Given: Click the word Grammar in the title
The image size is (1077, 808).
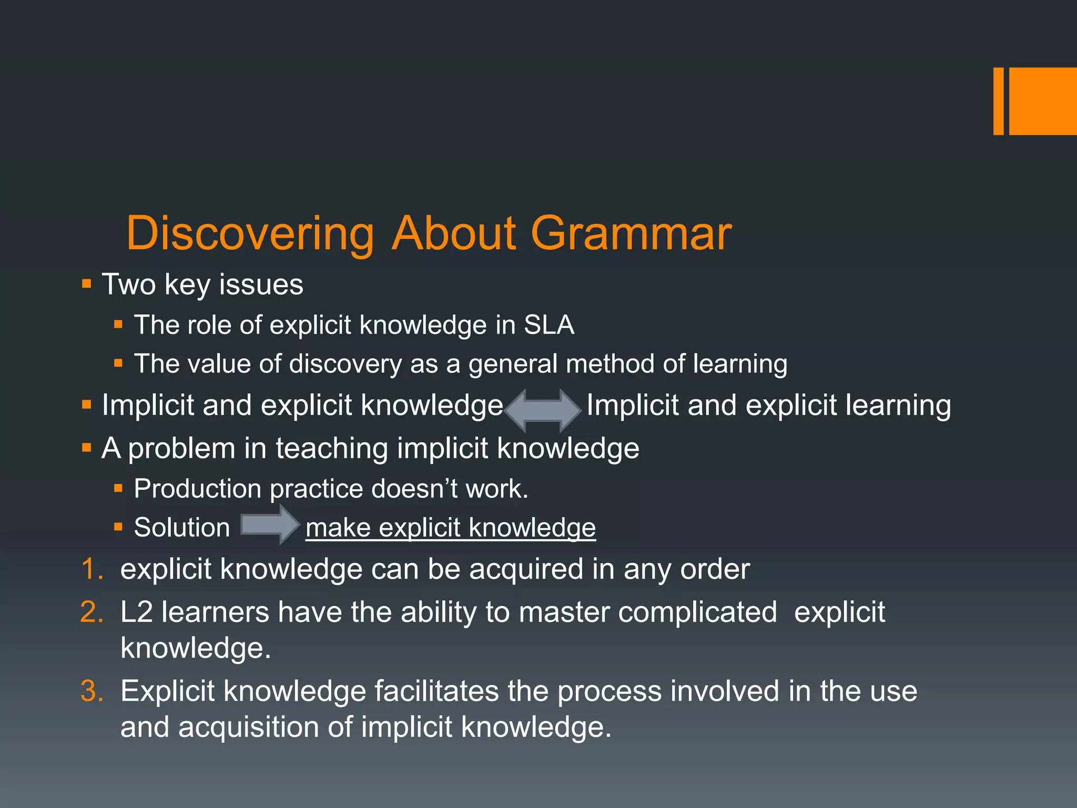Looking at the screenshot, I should [631, 234].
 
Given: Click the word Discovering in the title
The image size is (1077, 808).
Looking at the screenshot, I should [250, 234].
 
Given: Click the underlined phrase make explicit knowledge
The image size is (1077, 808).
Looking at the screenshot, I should [451, 528].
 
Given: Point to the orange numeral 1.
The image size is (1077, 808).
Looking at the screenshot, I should [93, 570].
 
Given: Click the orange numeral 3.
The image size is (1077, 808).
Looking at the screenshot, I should [93, 691].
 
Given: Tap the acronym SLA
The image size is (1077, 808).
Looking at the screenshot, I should [548, 325].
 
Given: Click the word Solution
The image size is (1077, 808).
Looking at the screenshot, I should [182, 528].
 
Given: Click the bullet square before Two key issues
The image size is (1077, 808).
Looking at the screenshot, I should [87, 285].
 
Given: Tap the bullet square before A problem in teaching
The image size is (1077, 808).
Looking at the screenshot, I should [87, 448].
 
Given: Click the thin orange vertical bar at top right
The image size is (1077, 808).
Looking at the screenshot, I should [998, 101].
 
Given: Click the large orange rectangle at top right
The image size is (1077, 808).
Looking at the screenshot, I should [1043, 101].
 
